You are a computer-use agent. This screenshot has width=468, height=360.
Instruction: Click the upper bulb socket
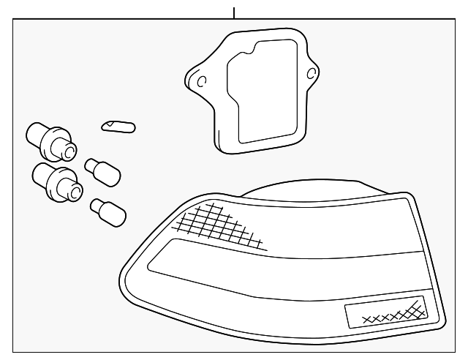coord(51,141)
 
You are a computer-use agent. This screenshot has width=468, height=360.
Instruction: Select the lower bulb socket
coord(56,181)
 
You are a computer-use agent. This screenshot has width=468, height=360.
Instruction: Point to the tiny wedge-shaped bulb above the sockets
coord(118,127)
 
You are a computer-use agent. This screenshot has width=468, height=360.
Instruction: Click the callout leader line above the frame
coord(234,12)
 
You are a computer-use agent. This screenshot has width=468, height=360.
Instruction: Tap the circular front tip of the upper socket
coord(68,152)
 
